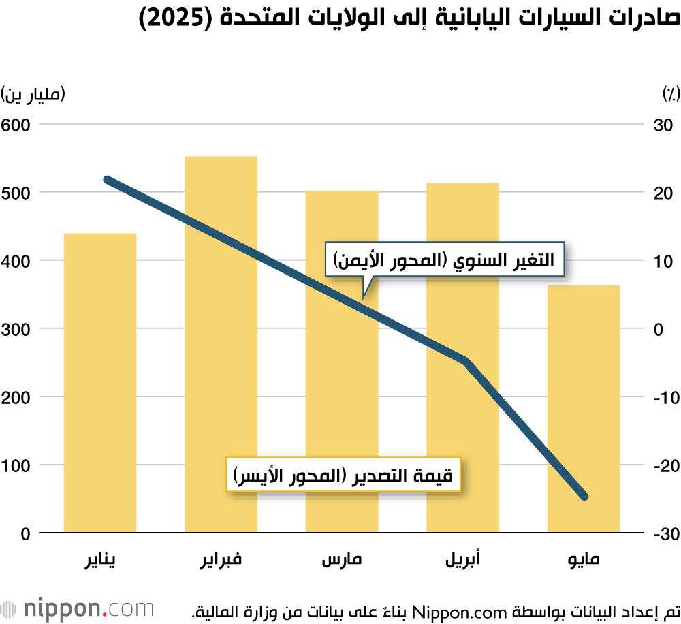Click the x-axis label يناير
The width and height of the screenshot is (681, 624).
[100, 561]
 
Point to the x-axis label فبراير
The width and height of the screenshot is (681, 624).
[221, 561]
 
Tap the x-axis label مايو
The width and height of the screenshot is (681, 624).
[584, 561]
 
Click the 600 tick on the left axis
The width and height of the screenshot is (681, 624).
[16, 125]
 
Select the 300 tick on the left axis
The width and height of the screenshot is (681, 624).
[16, 329]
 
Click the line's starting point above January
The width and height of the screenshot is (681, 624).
[108, 180]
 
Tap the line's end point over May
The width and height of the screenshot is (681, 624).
[584, 496]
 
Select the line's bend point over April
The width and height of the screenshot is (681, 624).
[466, 360]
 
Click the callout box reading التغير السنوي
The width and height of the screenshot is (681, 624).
[444, 260]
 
